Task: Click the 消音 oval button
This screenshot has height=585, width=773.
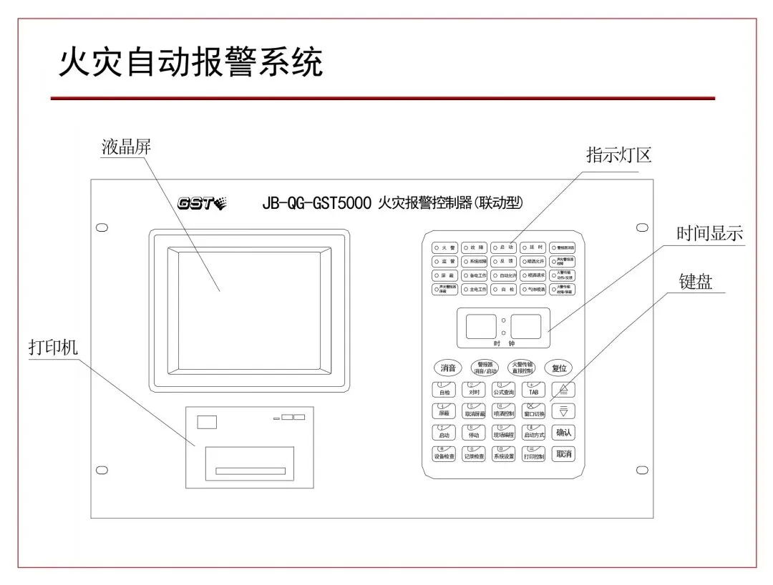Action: click(448, 368)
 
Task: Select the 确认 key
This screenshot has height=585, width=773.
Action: click(564, 433)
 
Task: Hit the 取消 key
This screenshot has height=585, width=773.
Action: click(564, 454)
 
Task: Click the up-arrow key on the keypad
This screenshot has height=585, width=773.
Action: click(564, 390)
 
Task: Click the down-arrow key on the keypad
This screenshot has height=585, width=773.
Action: click(564, 411)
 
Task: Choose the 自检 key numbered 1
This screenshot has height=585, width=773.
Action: click(444, 390)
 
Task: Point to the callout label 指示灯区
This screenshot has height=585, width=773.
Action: click(618, 155)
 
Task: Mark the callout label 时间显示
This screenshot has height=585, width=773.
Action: click(709, 233)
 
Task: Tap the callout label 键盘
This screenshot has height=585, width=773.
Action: click(695, 282)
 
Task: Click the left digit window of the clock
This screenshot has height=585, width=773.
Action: click(480, 326)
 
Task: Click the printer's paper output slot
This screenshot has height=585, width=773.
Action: click(251, 471)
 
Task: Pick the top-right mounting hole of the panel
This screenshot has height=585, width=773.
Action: click(642, 227)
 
